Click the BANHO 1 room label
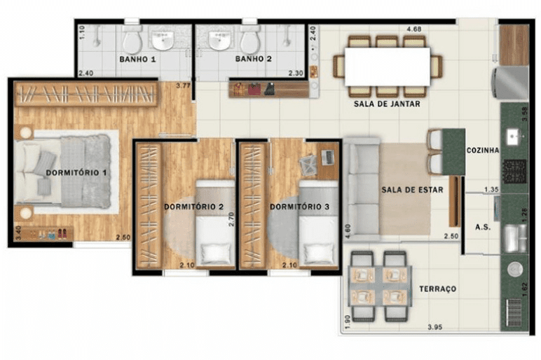click(x=137, y=60)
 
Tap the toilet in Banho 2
click(x=250, y=38)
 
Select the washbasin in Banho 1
click(x=163, y=39)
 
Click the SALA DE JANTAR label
click(x=387, y=104)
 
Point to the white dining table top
click(x=388, y=67)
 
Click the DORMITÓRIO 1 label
click(x=76, y=172)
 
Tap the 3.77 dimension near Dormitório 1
click(x=183, y=85)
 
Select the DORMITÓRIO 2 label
click(x=193, y=207)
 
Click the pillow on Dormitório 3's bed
click(x=319, y=254)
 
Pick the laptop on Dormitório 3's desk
click(x=327, y=157)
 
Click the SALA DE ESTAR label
click(x=412, y=190)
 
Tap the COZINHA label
click(x=483, y=151)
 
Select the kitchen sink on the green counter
click(x=514, y=137)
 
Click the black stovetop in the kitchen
click(x=515, y=171)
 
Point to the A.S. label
click(x=483, y=227)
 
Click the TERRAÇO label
click(x=437, y=289)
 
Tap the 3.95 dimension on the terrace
click(x=434, y=327)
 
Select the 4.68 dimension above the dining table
click(x=413, y=29)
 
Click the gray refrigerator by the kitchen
click(x=510, y=83)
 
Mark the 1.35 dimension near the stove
click(x=491, y=189)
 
